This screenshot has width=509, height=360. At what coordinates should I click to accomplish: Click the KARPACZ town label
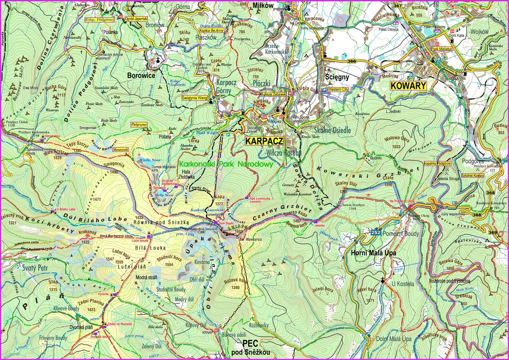264,141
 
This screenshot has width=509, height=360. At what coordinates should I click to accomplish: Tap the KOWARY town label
408,86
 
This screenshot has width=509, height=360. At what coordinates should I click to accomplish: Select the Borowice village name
141,75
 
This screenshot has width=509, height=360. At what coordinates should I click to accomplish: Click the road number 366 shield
352,61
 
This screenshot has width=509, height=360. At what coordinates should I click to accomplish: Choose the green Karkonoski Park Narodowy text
226,163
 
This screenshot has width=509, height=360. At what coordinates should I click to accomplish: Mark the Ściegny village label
337,76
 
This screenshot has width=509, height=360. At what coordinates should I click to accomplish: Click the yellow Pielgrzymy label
139,125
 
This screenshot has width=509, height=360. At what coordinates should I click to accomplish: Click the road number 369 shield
492,233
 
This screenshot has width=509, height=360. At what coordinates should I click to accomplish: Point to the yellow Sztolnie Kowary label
473,175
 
